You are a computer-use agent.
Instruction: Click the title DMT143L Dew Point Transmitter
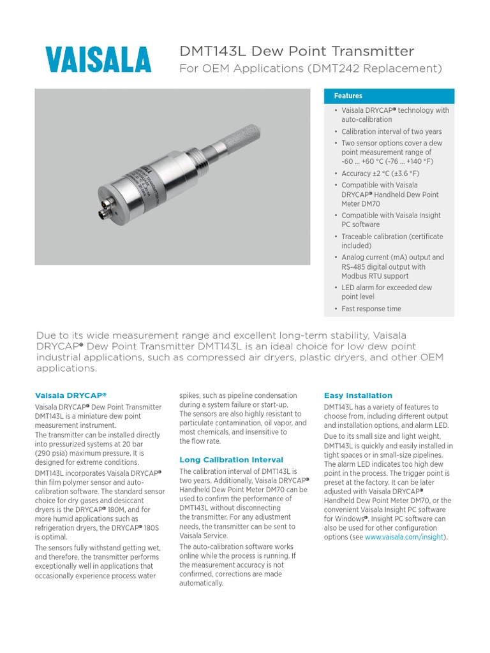tap(297, 51)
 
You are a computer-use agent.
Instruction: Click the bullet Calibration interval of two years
tap(391, 131)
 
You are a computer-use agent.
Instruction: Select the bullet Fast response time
tap(371, 309)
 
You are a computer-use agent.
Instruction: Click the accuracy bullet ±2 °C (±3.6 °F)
tap(380, 173)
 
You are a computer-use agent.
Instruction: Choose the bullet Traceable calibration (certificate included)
tap(392, 241)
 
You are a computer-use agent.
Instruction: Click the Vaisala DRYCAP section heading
tap(70, 395)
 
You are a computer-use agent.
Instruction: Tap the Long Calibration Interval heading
tap(231, 460)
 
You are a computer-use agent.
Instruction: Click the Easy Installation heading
tap(358, 395)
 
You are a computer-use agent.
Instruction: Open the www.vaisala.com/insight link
tap(405, 537)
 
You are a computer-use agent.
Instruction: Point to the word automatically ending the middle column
tap(202, 583)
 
